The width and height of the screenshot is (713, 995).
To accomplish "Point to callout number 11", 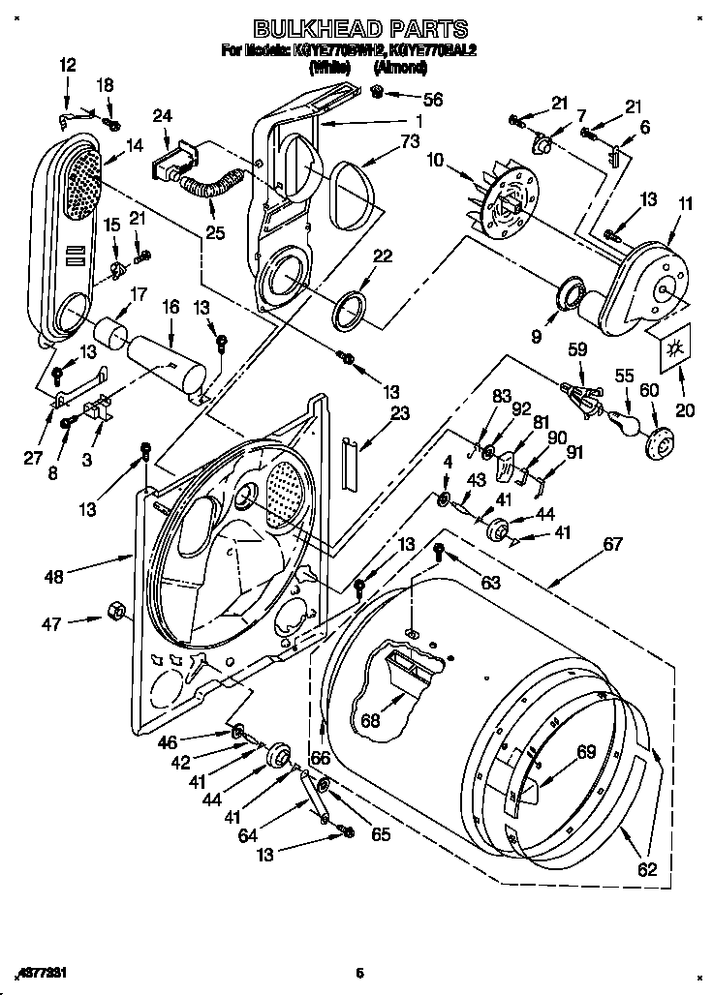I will click(687, 204).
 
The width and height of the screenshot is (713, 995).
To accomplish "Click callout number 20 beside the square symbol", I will click(685, 410).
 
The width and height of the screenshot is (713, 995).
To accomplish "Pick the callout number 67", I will click(612, 544).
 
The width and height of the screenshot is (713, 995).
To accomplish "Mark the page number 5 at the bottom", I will click(358, 973).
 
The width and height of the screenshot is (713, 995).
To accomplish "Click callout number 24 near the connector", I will click(163, 116).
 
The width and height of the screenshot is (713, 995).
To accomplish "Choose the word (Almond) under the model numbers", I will click(400, 69).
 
